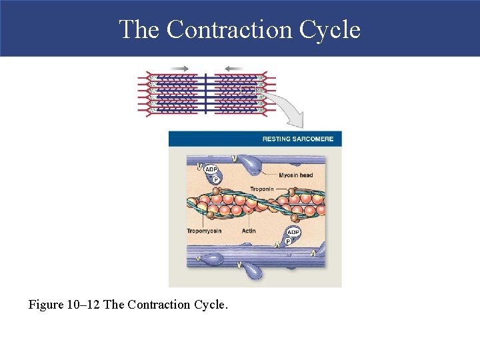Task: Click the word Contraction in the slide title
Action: pos(229,29)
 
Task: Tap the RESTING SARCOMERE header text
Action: pos(297,139)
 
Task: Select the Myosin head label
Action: pos(295,175)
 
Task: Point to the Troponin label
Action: pos(263,189)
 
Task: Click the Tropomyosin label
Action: pos(204,231)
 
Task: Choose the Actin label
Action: pos(248,231)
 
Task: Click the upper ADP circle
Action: pos(211,169)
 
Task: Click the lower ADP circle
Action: pos(293,232)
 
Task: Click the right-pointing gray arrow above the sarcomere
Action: pos(179,68)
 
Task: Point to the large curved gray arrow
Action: pos(287,107)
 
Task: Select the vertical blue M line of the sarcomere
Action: pos(206,93)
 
